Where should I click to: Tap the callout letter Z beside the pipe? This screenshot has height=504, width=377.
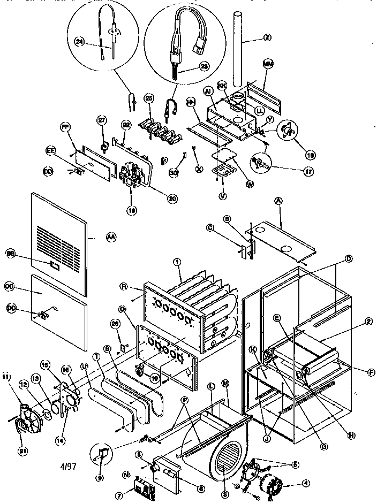pos(267,38)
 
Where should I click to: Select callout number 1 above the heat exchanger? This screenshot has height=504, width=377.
pos(175,262)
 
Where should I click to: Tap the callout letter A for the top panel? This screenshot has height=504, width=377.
pos(278,201)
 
